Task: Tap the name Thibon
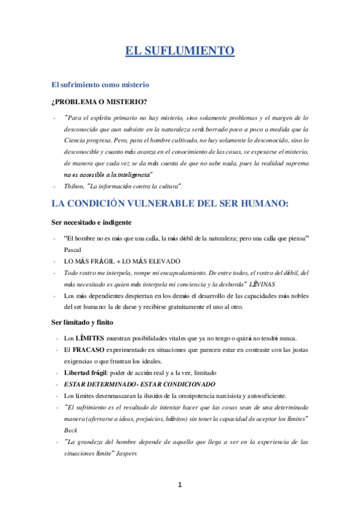pos(75,185)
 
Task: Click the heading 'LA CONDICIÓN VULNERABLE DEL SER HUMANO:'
pos(171,203)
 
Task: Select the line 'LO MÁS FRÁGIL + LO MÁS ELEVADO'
pos(121,260)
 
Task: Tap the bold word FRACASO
pos(89,349)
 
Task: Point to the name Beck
pos(71,431)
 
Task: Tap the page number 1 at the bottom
pos(180,485)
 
